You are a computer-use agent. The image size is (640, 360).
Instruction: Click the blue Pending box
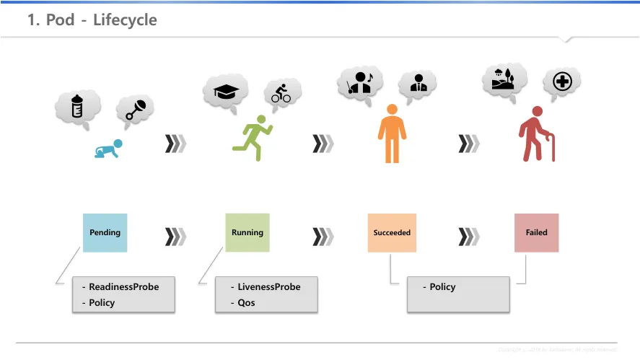[x=105, y=232]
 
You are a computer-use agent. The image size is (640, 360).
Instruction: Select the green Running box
[x=247, y=232]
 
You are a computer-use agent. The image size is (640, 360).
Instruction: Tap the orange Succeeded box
[x=392, y=232]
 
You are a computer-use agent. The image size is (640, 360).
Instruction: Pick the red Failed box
[x=536, y=232]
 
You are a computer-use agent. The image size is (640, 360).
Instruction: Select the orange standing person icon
[x=392, y=133]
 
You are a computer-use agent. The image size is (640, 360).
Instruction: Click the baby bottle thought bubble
[x=77, y=107]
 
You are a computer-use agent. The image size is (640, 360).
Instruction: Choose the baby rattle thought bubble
[x=136, y=109]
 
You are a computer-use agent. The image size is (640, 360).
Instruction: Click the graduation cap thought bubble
[x=226, y=91]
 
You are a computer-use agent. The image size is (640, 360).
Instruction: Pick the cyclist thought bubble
[x=281, y=93]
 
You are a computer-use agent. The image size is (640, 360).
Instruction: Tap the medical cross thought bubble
[x=561, y=82]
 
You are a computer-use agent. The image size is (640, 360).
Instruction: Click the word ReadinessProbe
[x=123, y=286]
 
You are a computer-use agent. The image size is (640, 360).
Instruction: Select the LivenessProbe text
[x=268, y=286]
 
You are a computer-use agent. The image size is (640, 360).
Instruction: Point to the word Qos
[x=246, y=302]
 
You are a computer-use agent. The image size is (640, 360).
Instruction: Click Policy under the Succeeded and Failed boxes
[x=442, y=286]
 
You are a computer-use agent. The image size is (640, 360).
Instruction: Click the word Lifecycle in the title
[x=125, y=20]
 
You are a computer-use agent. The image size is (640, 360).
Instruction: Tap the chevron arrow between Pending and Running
[x=175, y=237]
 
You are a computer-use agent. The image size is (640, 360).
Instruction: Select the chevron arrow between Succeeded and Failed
[x=469, y=237]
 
